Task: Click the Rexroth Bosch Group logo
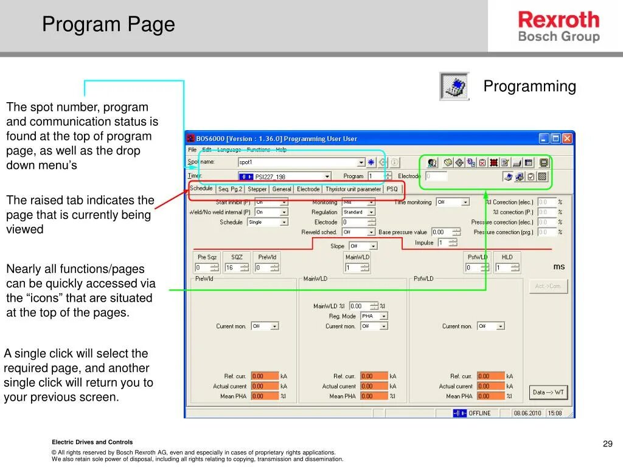pyautogui.click(x=559, y=27)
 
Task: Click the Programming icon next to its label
pyautogui.click(x=454, y=86)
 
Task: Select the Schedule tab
pyautogui.click(x=201, y=189)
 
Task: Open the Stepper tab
pyautogui.click(x=257, y=189)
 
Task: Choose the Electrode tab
pyautogui.click(x=308, y=189)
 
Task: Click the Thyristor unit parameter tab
pyautogui.click(x=353, y=189)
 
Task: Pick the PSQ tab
pyautogui.click(x=392, y=189)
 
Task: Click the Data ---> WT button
pyautogui.click(x=548, y=392)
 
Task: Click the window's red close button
pyautogui.click(x=567, y=139)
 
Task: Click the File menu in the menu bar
pyautogui.click(x=192, y=150)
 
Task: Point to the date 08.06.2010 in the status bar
pyautogui.click(x=527, y=413)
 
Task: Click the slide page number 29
pyautogui.click(x=607, y=444)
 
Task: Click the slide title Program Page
pyautogui.click(x=108, y=25)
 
